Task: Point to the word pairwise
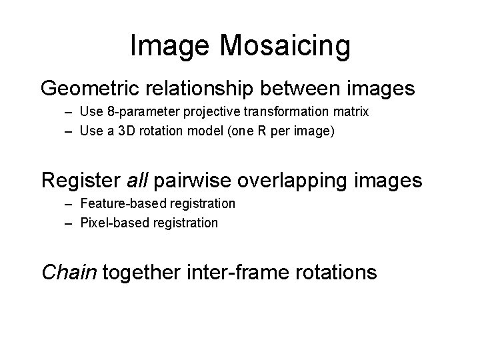193,180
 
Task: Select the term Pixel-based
110,223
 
